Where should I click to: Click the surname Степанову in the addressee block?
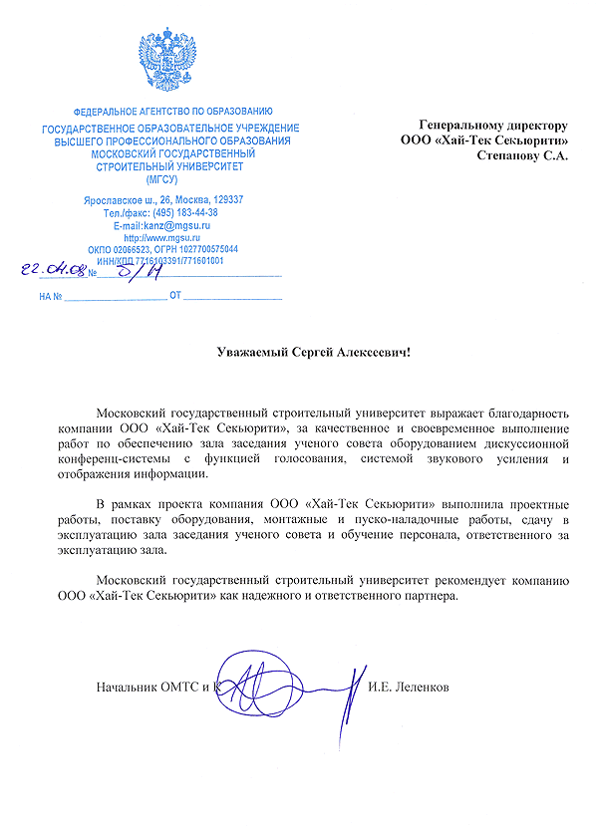tap(508, 156)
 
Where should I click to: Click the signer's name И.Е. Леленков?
tap(409, 688)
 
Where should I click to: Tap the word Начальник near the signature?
tap(128, 688)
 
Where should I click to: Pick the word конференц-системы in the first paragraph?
tap(105, 458)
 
